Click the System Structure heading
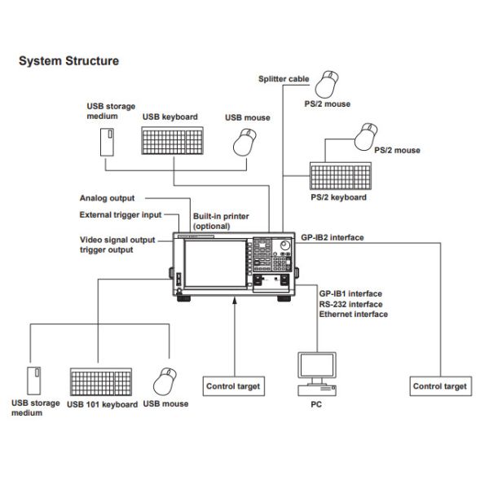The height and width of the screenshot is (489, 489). tap(68, 60)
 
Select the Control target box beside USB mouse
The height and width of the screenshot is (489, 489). tap(232, 386)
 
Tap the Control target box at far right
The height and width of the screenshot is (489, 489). tap(440, 386)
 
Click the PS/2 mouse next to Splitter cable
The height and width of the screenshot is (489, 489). tap(331, 82)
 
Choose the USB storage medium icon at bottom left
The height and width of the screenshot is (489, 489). tap(34, 381)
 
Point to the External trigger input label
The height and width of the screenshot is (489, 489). tap(119, 215)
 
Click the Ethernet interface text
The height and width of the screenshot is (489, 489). tap(353, 314)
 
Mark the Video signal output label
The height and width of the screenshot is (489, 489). tap(117, 240)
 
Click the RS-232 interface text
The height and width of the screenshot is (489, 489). tap(350, 303)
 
